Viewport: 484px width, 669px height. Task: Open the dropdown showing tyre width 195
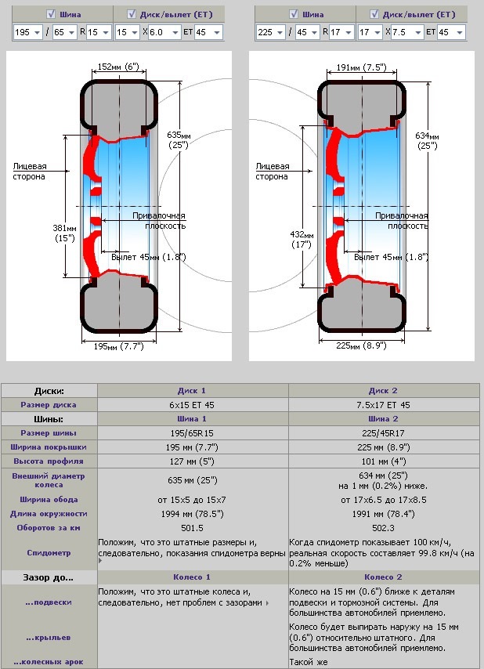pyautogui.click(x=27, y=32)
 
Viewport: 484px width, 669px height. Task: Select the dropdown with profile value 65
pyautogui.click(x=65, y=32)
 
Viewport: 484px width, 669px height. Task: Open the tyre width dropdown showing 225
pyautogui.click(x=271, y=32)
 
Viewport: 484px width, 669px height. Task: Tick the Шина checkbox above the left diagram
pyautogui.click(x=51, y=14)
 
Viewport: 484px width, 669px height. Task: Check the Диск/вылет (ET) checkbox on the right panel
pyautogui.click(x=374, y=14)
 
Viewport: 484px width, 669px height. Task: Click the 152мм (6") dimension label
pyautogui.click(x=118, y=67)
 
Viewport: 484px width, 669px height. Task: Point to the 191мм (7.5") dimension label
pyautogui.click(x=362, y=67)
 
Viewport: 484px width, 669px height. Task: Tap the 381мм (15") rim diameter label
pyautogui.click(x=64, y=233)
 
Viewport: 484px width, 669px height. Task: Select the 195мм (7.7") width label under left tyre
pyautogui.click(x=118, y=346)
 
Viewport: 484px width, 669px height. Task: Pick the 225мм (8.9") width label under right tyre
pyautogui.click(x=361, y=345)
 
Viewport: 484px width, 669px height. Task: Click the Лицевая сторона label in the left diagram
pyautogui.click(x=30, y=171)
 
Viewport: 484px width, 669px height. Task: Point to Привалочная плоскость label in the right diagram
pyautogui.click(x=401, y=221)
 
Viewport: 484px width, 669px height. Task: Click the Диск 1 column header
pyautogui.click(x=192, y=390)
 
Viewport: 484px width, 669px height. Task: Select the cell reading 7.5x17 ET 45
pyautogui.click(x=383, y=405)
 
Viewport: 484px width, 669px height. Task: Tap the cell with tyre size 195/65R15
pyautogui.click(x=192, y=433)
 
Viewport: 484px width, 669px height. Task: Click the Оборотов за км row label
pyautogui.click(x=49, y=528)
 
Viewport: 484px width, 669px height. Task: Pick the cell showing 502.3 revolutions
pyautogui.click(x=383, y=528)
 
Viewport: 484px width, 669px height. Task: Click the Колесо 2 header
pyautogui.click(x=383, y=577)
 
